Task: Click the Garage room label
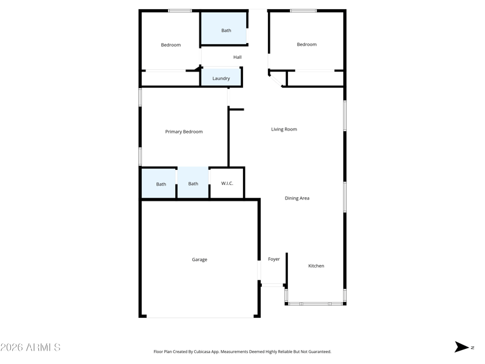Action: pyautogui.click(x=199, y=260)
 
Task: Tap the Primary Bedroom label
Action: pyautogui.click(x=184, y=132)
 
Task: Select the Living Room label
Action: pyautogui.click(x=284, y=129)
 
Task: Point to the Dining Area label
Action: pyautogui.click(x=297, y=198)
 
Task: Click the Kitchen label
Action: pyautogui.click(x=316, y=266)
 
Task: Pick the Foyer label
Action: pyautogui.click(x=274, y=259)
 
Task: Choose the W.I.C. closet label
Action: pyautogui.click(x=227, y=184)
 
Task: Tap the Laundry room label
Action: pyautogui.click(x=221, y=78)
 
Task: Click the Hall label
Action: pyautogui.click(x=237, y=58)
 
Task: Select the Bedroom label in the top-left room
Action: pyautogui.click(x=170, y=45)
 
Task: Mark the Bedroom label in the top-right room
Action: pyautogui.click(x=306, y=44)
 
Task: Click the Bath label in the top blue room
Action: pyautogui.click(x=226, y=30)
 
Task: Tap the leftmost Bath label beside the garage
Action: pyautogui.click(x=161, y=184)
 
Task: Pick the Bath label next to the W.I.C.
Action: pyautogui.click(x=193, y=184)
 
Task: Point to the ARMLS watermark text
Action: pyautogui.click(x=30, y=348)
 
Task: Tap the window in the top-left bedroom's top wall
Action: pyautogui.click(x=180, y=10)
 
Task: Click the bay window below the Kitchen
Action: pyautogui.click(x=315, y=303)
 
